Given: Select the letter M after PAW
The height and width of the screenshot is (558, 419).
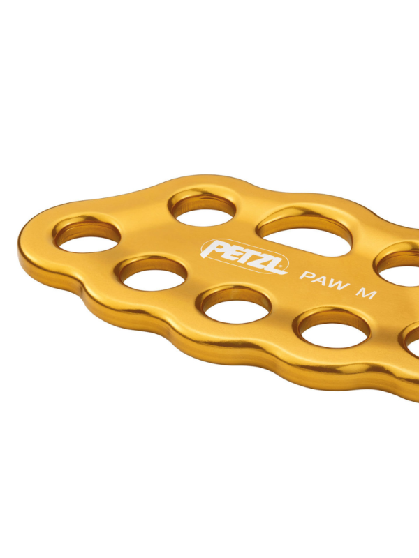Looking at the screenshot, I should point(367,294).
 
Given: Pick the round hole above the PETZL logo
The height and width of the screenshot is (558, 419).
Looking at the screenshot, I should point(203,210).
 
